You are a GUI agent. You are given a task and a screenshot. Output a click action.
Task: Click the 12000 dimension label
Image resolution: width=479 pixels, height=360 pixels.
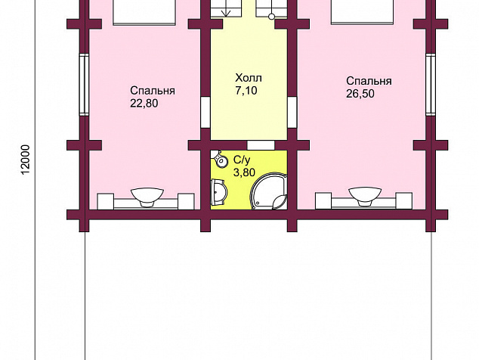pos(26,160)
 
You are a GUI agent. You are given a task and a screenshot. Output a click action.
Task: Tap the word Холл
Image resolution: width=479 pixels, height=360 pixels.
pos(249,78)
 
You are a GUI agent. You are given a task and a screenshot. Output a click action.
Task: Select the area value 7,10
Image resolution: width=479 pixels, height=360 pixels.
pos(246,91)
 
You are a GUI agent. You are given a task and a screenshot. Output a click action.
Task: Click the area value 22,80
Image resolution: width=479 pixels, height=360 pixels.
pos(144,104)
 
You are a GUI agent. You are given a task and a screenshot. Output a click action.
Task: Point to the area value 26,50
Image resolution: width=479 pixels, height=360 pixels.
pos(360,94)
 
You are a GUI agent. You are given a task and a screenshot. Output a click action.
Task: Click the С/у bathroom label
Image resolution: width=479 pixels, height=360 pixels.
pos(242,160)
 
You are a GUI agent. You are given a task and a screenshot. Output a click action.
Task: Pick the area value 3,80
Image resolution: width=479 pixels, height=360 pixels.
pos(244,172)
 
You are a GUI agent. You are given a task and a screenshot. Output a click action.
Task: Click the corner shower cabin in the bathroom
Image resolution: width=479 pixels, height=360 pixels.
pos(269,191)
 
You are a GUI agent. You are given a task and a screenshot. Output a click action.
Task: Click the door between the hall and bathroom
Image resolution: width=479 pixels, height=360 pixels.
pos(261,145)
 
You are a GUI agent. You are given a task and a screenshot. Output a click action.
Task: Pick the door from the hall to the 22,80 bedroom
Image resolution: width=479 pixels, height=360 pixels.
pos(206,112)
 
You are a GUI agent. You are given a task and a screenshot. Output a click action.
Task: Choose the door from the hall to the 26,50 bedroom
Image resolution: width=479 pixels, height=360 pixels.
pos(292,112)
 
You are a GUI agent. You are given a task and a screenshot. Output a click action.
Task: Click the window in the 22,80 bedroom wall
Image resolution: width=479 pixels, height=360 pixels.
pos(84,85)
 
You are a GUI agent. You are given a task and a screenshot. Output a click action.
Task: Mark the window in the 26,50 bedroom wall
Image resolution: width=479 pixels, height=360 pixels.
pos(431,85)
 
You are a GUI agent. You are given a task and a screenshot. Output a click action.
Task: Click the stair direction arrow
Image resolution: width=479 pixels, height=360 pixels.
pos(227,8)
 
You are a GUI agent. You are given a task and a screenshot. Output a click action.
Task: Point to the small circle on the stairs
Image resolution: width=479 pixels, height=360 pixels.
pos(271,17)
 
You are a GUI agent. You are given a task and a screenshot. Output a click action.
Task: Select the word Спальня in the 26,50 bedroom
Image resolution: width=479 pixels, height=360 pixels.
pos(369,81)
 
